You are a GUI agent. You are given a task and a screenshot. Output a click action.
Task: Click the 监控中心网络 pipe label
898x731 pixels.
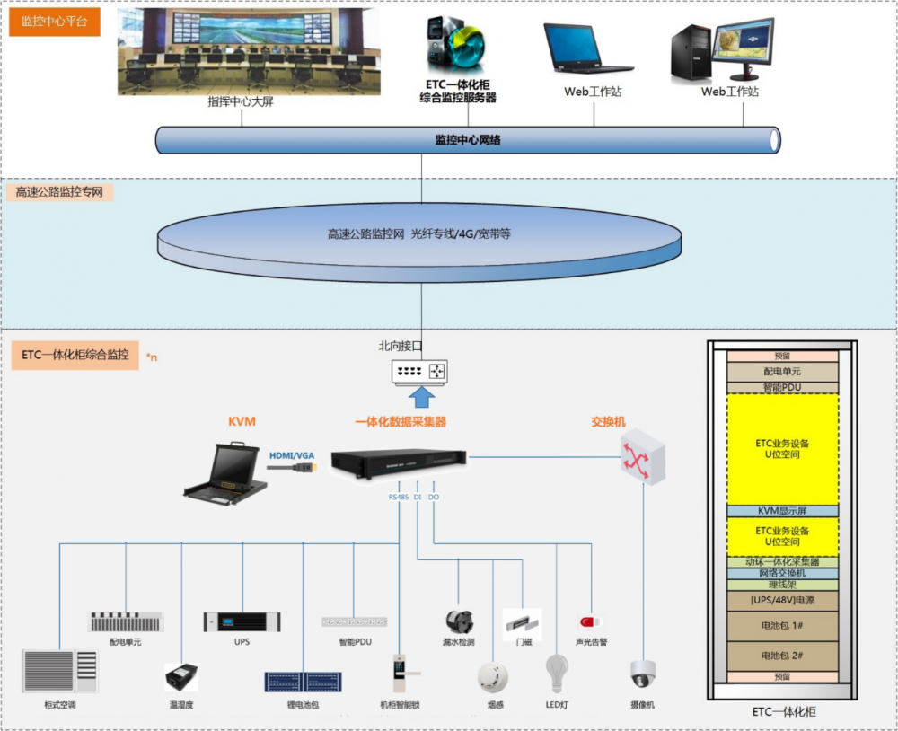(x=467, y=140)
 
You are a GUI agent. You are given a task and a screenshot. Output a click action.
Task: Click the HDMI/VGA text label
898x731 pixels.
(x=292, y=456)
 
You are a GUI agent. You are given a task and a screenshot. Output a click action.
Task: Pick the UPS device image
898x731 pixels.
(x=242, y=621)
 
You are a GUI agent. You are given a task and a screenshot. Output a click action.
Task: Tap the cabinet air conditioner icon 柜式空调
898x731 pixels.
(x=59, y=671)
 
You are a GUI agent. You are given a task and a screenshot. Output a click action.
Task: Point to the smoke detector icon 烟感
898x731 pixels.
(x=493, y=675)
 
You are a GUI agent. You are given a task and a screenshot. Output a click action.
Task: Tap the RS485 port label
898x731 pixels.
(x=398, y=496)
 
